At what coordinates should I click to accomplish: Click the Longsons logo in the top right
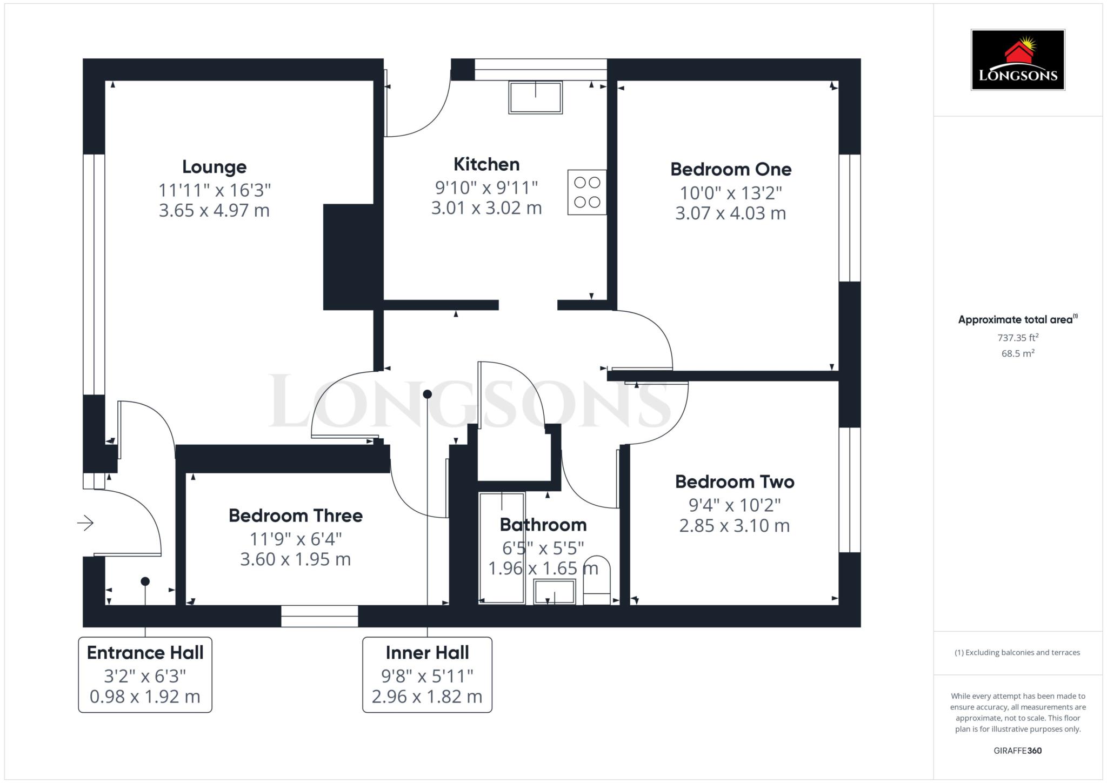[x=1018, y=59]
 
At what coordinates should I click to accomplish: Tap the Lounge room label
[x=214, y=167]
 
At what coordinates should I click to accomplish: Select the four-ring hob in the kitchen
[x=587, y=192]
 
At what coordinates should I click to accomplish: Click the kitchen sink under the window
[x=535, y=97]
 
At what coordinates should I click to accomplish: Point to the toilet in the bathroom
[x=597, y=580]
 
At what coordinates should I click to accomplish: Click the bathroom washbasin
[x=554, y=592]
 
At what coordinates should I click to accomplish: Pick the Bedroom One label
[x=731, y=169]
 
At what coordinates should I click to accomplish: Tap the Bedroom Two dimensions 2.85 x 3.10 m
[x=734, y=526]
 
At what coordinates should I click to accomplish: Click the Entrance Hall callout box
[x=145, y=674]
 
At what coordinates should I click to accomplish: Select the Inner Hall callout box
[x=427, y=674]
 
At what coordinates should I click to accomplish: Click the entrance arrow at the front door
[x=85, y=523]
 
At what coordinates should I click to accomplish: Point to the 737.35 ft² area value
[x=1018, y=338]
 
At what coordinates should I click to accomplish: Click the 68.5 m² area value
[x=1018, y=353]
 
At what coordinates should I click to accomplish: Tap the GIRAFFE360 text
[x=1018, y=751]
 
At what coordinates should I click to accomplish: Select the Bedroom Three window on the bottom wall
[x=319, y=616]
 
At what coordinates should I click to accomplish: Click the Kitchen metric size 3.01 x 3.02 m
[x=486, y=208]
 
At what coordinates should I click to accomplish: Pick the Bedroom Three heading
[x=296, y=516]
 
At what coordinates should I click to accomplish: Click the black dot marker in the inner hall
[x=428, y=394]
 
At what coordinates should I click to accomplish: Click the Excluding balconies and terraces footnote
[x=1017, y=652]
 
